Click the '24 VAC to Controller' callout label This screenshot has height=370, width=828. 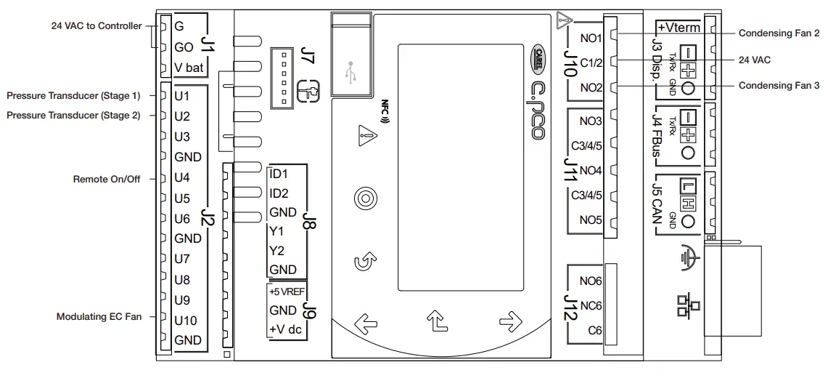point(97,26)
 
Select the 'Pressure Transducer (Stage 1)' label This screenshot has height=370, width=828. point(73,95)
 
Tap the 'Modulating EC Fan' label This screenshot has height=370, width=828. point(99,317)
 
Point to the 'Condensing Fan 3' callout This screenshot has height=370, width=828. point(779,86)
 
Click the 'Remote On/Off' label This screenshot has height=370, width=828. point(107,178)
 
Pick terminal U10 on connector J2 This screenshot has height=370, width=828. point(186,319)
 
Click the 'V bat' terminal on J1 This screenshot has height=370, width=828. point(188,68)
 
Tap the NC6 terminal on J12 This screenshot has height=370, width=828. point(591,306)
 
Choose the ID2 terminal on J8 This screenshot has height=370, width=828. point(279,193)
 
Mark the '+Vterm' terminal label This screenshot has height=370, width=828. point(679,28)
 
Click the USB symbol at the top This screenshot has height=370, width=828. point(351,73)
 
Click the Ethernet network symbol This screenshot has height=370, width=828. point(684,302)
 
